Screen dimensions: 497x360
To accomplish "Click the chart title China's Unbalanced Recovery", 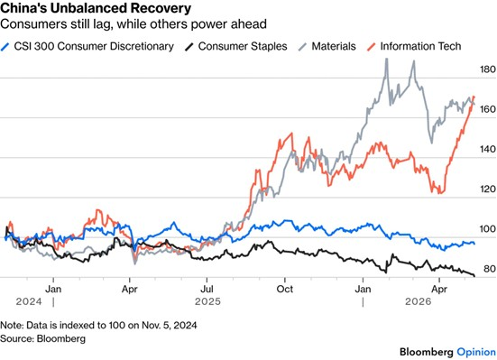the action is tap(96, 8).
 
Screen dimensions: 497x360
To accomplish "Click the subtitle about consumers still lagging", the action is tap(133, 24).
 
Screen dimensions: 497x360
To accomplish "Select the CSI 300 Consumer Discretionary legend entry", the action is tap(87, 46).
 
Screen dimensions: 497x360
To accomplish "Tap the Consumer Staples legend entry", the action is tap(236, 46).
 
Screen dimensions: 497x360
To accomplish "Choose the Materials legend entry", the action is tap(327, 46).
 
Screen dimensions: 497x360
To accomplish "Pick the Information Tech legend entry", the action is tap(414, 46).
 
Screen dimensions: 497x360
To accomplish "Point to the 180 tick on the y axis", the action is tap(487, 69).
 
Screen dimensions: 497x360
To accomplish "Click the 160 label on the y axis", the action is tap(487, 109).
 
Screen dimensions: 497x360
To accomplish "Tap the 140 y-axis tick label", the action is tap(487, 149).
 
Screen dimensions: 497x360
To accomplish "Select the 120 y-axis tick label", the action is tap(487, 189).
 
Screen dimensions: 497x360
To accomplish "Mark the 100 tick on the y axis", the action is tap(487, 229).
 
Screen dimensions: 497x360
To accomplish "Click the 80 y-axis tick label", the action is tap(490, 269).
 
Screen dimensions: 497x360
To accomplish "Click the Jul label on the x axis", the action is tap(207, 290).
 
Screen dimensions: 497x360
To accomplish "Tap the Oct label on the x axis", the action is tap(285, 290).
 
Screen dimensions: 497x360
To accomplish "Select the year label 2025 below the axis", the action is tap(207, 301).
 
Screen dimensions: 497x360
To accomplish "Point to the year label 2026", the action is tap(419, 301).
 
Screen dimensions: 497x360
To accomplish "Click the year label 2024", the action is tap(29, 301).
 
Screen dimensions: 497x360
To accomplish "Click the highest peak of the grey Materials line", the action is tap(386, 59).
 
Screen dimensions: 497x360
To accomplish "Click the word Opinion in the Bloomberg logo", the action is tap(476, 352).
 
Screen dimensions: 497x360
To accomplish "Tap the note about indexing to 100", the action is tap(98, 325).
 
